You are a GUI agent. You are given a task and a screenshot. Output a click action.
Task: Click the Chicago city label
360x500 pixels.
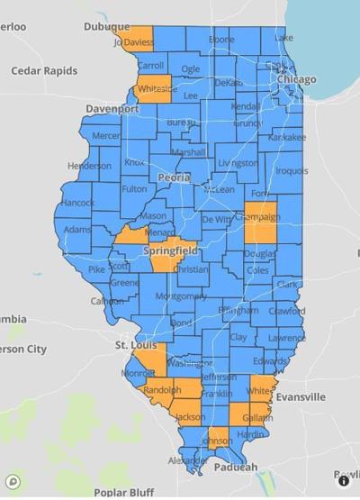296,79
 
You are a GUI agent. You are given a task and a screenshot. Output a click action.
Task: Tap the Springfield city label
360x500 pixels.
170,250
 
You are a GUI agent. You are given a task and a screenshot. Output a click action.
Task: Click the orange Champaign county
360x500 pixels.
260,222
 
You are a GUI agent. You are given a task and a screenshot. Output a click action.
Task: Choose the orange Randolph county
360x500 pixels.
162,390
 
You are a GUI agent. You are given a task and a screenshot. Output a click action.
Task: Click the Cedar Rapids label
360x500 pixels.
44,70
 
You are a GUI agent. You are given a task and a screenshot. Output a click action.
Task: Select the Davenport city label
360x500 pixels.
112,108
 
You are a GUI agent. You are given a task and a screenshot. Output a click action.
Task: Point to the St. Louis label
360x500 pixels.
137,344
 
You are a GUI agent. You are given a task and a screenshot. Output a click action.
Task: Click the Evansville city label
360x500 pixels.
300,396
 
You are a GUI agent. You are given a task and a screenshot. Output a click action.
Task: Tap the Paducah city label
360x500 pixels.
236,467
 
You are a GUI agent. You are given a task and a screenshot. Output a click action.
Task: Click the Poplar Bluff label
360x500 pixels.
122,492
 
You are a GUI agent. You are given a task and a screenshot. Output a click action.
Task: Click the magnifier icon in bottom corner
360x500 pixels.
12,482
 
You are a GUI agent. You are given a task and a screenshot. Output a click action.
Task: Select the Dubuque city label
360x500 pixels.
107,27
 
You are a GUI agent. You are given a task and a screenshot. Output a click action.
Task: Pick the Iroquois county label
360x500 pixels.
291,170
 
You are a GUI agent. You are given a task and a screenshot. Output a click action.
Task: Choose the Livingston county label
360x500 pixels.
238,163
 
